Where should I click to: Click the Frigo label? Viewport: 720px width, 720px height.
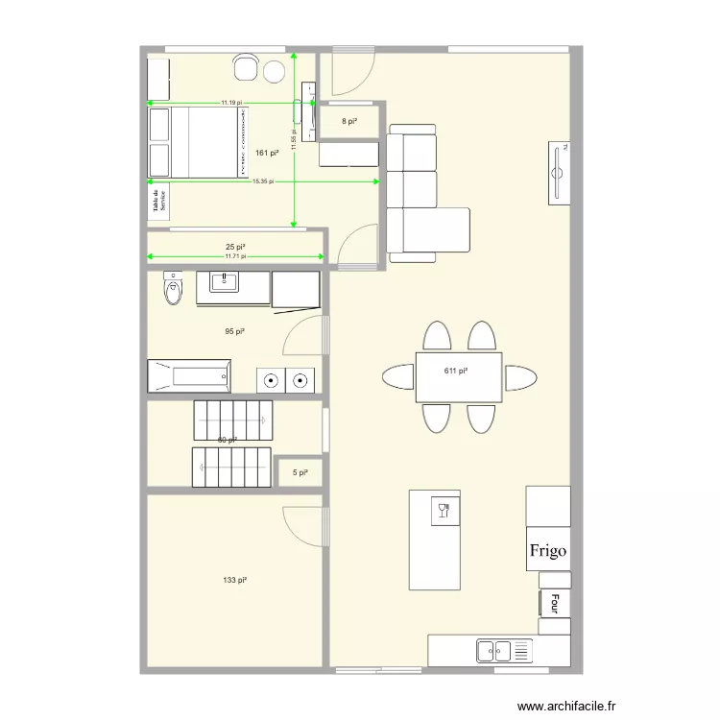[x=548, y=551]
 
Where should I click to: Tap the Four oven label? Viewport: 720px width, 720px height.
[x=554, y=603]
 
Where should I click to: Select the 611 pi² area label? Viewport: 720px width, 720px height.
[x=455, y=371]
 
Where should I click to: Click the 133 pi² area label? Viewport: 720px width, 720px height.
[x=235, y=580]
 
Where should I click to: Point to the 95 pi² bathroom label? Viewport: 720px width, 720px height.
[x=234, y=331]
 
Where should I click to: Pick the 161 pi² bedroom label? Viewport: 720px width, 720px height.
[x=267, y=153]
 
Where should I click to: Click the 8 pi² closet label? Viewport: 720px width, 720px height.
[x=349, y=122]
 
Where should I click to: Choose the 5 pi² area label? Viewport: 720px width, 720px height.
[x=300, y=472]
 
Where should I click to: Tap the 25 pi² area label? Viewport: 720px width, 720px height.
[x=235, y=248]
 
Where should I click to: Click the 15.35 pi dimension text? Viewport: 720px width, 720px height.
[x=263, y=181]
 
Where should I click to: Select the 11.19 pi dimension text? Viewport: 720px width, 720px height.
[x=231, y=103]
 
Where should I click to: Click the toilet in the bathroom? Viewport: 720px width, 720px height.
[x=174, y=290]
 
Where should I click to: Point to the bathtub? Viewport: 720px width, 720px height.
[x=189, y=375]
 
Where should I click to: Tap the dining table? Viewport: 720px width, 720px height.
[x=459, y=377]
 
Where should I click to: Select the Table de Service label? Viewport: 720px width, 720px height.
[x=159, y=201]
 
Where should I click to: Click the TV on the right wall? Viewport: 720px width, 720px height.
[x=559, y=172]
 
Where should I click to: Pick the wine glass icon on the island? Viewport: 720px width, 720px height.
[x=444, y=510]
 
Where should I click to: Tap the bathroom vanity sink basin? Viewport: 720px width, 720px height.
[x=226, y=281]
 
